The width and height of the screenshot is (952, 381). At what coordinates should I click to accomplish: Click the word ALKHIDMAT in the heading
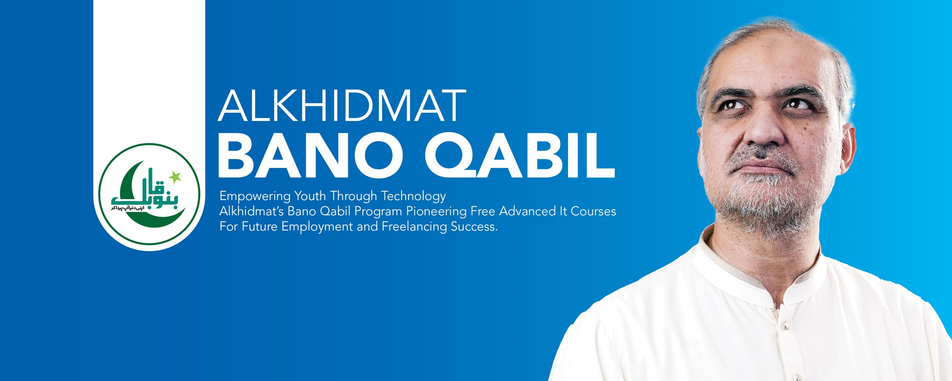[x=342, y=106]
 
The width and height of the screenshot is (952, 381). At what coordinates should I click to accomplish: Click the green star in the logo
[x=175, y=177]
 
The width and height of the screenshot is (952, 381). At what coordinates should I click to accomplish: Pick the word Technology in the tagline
[x=413, y=196]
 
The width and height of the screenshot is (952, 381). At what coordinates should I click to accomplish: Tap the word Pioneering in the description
[x=436, y=212]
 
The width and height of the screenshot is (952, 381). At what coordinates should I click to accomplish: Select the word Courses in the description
[x=593, y=212]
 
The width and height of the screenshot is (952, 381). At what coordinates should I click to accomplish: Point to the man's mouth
[x=764, y=169]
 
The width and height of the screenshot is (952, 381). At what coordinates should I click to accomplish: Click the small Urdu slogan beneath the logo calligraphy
[x=128, y=208]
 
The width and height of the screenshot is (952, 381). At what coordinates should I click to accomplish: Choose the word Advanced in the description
[x=527, y=212]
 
